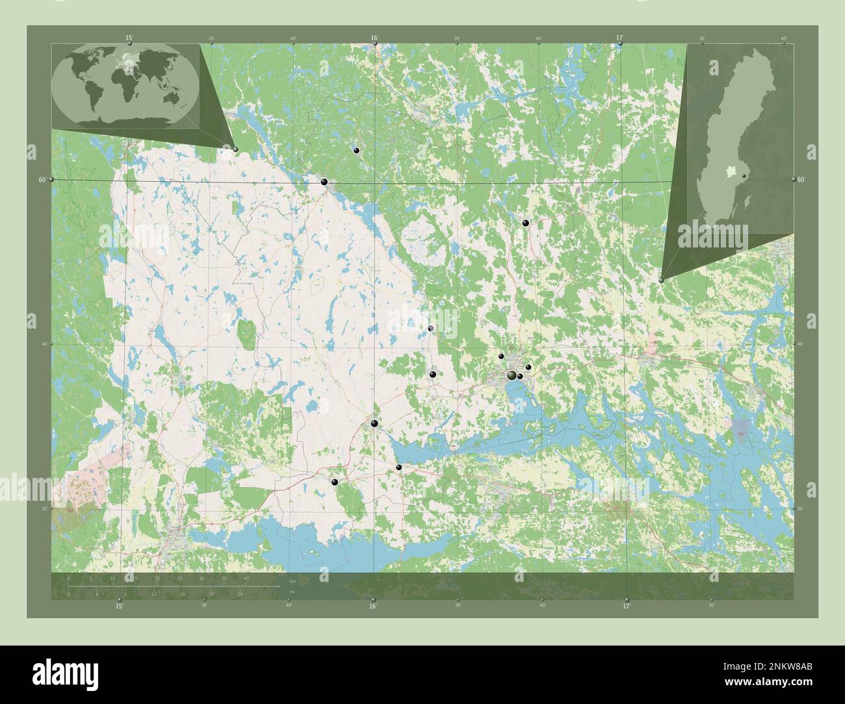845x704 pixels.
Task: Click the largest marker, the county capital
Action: pyautogui.click(x=512, y=375)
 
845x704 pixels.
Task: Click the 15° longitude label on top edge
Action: pyautogui.click(x=129, y=38)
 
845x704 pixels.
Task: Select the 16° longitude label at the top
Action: pyautogui.click(x=374, y=38)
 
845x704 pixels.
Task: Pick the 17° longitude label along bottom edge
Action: pyautogui.click(x=626, y=607)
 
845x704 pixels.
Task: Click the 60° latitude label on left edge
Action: pyautogui.click(x=42, y=179)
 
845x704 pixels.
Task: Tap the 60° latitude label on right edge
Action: pyautogui.click(x=801, y=179)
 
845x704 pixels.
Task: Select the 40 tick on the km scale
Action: pyautogui.click(x=246, y=578)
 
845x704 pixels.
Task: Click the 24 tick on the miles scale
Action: pyautogui.click(x=240, y=594)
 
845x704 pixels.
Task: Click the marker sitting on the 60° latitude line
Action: pyautogui.click(x=324, y=182)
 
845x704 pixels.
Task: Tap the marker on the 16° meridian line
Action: pyautogui.click(x=374, y=423)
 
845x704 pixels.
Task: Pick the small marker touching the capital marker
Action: pyautogui.click(x=520, y=376)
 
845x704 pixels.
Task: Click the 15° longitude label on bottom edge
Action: pyautogui.click(x=119, y=607)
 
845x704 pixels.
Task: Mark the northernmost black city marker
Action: pyautogui.click(x=356, y=150)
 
